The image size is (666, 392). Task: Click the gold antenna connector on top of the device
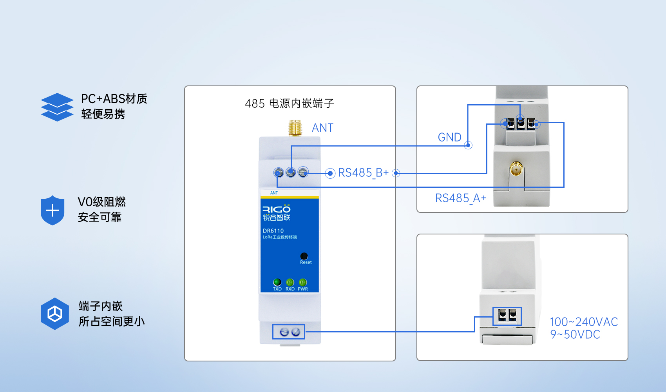tap(295, 128)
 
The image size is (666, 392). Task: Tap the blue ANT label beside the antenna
tap(322, 128)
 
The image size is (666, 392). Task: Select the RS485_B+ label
tap(363, 173)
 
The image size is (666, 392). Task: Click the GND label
tap(449, 137)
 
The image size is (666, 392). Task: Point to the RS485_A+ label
tap(461, 198)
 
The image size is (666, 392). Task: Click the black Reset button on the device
tap(304, 256)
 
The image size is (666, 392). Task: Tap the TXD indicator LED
tap(277, 282)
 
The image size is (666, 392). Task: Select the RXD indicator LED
tap(290, 282)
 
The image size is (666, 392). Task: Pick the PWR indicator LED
tap(303, 282)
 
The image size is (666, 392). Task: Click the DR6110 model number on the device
tap(273, 231)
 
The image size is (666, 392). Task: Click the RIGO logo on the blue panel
tap(276, 209)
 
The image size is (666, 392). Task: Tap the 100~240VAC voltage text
tap(584, 322)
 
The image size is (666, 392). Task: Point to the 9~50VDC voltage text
tap(575, 335)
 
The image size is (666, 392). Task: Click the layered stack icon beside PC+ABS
tap(57, 107)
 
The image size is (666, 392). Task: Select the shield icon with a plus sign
tap(52, 211)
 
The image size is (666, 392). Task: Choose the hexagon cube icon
tap(55, 314)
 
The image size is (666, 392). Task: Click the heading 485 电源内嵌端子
tap(289, 103)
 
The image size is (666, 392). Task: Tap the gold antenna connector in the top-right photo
tap(516, 169)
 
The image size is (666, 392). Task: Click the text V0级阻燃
tap(102, 202)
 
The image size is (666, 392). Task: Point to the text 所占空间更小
tap(112, 321)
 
